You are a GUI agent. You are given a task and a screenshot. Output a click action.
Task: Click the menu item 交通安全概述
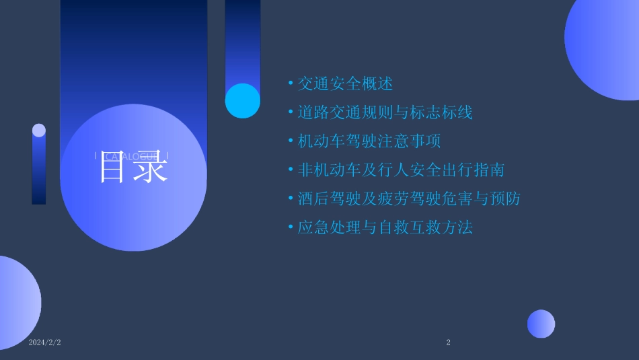(x=345, y=83)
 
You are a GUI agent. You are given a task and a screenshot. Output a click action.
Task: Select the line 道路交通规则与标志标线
(x=385, y=112)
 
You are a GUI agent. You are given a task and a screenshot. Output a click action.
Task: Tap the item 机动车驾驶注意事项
(x=369, y=141)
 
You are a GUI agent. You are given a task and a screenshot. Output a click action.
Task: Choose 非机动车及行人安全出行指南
(x=401, y=170)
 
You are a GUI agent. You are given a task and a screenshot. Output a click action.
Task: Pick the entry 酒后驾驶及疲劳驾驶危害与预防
(x=409, y=199)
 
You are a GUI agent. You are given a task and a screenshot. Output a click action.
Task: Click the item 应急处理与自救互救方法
(x=385, y=227)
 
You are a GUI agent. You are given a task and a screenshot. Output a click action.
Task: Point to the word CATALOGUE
(x=132, y=157)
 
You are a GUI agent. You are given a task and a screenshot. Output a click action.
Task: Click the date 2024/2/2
(x=45, y=343)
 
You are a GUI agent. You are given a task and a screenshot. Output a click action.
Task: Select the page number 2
(x=449, y=343)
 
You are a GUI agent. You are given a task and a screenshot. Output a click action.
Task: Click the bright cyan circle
(x=242, y=101)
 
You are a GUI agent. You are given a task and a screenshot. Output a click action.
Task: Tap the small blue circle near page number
(x=541, y=324)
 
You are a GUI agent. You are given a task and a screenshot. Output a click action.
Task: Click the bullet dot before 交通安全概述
(x=291, y=83)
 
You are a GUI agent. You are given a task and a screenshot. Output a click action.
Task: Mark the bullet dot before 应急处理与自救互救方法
(x=291, y=227)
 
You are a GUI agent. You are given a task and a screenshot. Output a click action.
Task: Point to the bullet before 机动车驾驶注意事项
(x=291, y=141)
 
